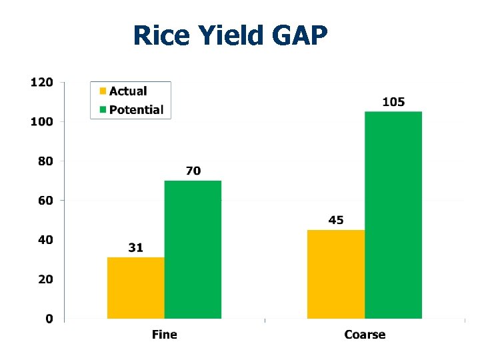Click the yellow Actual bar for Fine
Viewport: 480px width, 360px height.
point(136,287)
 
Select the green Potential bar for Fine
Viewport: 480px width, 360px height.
point(193,249)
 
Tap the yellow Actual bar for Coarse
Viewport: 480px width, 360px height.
point(336,274)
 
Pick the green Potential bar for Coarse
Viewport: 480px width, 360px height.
point(393,215)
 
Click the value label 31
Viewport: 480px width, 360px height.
point(135,247)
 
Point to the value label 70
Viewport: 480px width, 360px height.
point(193,171)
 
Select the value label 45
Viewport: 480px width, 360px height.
point(336,220)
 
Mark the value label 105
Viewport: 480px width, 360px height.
point(393,102)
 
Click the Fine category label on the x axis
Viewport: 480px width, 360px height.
point(165,334)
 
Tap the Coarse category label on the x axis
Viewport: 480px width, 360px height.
point(365,334)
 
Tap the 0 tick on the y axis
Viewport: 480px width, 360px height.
point(49,319)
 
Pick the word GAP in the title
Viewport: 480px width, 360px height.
point(299,35)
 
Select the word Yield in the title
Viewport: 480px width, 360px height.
point(228,35)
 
